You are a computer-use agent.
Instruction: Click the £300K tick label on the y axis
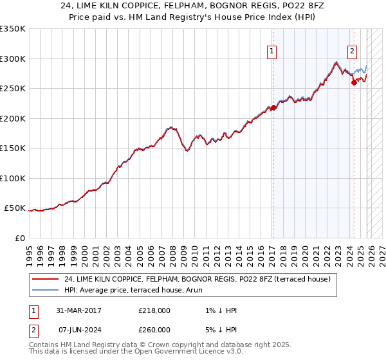click(x=13, y=59)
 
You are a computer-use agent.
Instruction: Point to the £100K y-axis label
click(x=13, y=178)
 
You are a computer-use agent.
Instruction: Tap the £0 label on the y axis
click(x=19, y=238)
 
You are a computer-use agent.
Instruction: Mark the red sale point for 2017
click(x=273, y=107)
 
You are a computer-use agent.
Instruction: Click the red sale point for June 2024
click(x=354, y=82)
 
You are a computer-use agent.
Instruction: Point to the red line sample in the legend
click(x=45, y=279)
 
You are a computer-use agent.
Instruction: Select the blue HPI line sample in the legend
click(x=45, y=290)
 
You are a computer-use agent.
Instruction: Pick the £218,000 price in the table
click(x=154, y=310)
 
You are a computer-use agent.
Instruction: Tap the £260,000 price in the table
click(x=154, y=330)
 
